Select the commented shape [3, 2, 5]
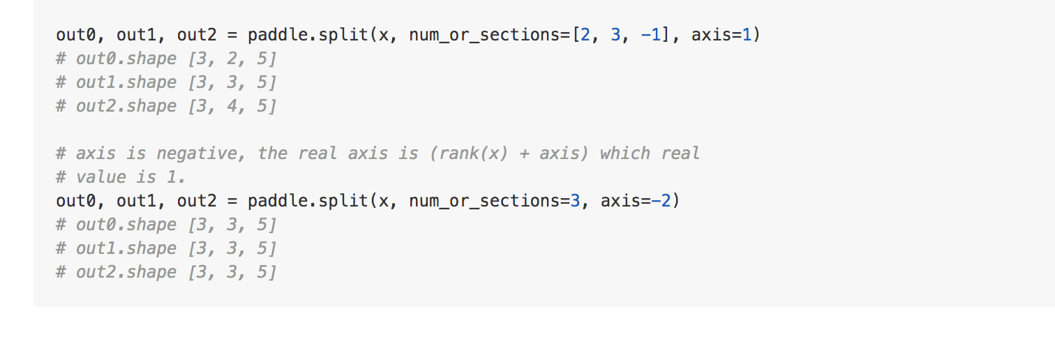point(232,59)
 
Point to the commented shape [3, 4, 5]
point(232,106)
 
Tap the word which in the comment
point(625,153)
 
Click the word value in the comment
point(100,177)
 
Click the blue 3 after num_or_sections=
point(575,201)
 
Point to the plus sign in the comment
point(523,153)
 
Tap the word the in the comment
point(272,153)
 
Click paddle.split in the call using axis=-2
point(308,201)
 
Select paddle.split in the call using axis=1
point(308,35)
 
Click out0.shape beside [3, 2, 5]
point(126,59)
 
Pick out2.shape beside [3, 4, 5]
point(126,106)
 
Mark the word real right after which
point(680,153)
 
